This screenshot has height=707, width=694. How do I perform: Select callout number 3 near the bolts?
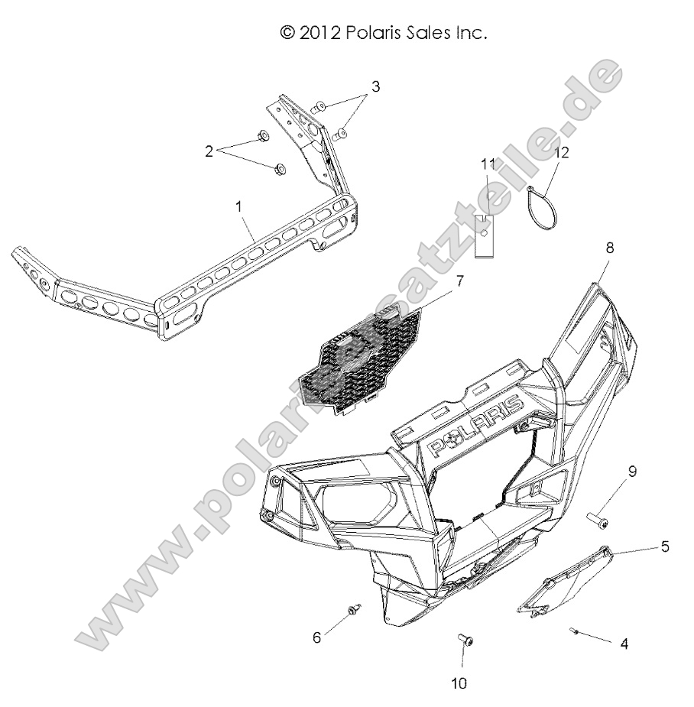point(375,86)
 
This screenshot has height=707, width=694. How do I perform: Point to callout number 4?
point(624,644)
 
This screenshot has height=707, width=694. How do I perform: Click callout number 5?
point(665,547)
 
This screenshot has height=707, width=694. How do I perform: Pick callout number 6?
point(318,636)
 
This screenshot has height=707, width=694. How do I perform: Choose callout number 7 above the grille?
point(459,281)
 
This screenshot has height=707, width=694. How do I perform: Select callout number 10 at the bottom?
point(460,683)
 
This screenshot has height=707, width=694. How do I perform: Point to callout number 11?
point(488,164)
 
